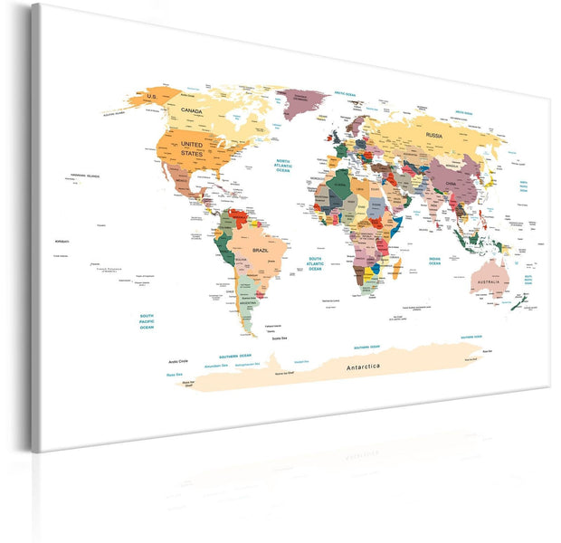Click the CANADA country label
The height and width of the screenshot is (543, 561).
point(191,111)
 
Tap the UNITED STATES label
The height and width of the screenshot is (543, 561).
point(192,148)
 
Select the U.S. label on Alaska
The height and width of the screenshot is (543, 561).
point(152,96)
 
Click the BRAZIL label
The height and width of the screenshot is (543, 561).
point(261,250)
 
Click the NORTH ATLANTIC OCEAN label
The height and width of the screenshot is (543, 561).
point(289,165)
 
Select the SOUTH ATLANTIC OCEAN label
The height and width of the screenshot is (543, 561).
point(315,263)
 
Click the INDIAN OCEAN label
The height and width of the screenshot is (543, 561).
point(433,261)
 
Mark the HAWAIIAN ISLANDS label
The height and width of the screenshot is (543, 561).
point(87,175)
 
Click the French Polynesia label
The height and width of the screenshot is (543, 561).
point(109,269)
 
